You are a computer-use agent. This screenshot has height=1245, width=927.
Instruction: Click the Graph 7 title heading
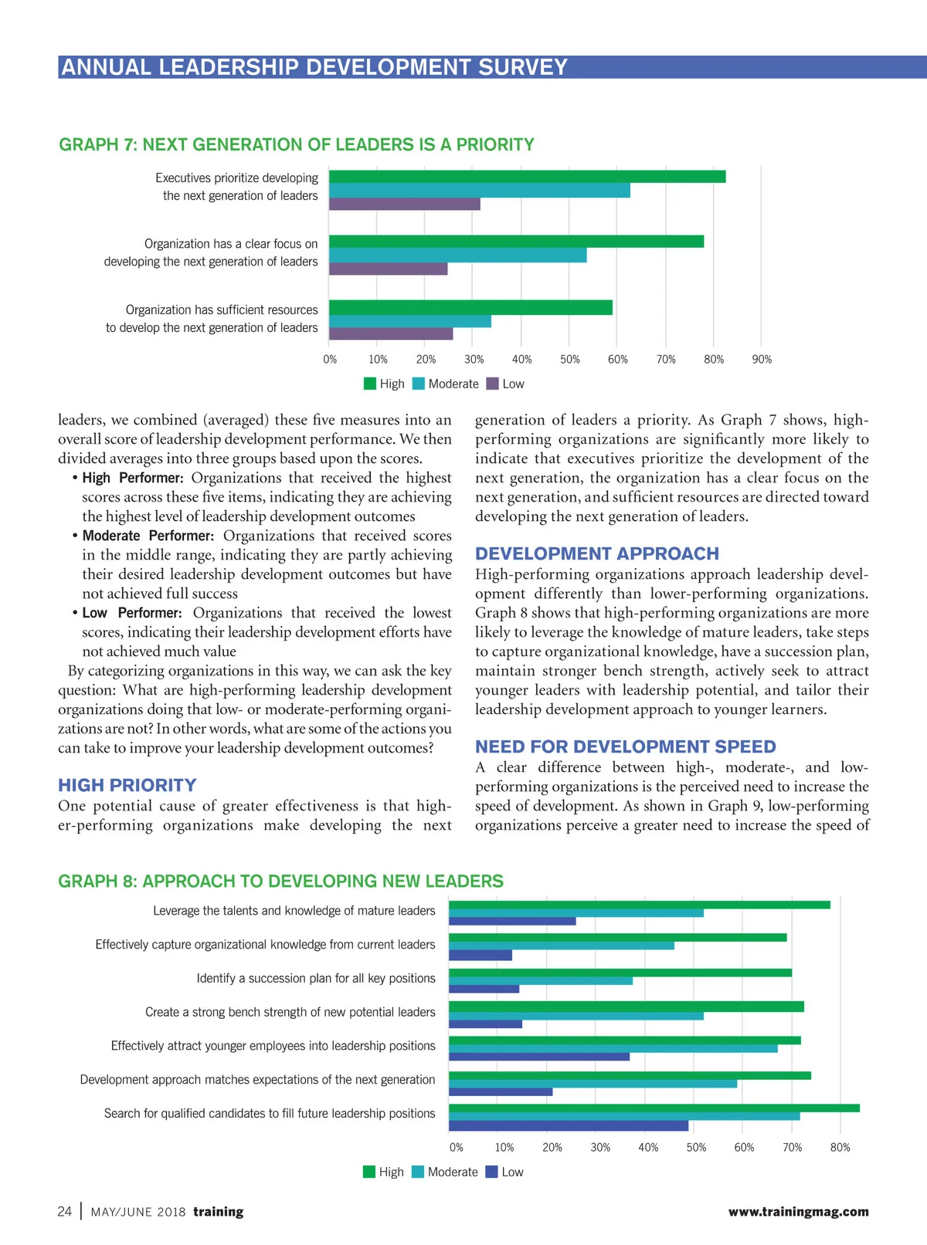pyautogui.click(x=297, y=145)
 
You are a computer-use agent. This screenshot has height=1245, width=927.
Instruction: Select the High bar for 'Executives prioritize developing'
pyautogui.click(x=527, y=177)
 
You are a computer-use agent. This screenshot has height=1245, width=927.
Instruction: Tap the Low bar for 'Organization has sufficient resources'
pyautogui.click(x=391, y=334)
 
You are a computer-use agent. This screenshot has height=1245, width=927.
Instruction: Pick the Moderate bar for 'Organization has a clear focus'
pyautogui.click(x=457, y=255)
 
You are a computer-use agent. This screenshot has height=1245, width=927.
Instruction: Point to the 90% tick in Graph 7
pyautogui.click(x=762, y=360)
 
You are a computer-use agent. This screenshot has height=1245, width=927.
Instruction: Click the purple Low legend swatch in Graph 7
pyautogui.click(x=493, y=384)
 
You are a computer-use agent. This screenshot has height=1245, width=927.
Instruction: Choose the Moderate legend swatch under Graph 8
pyautogui.click(x=418, y=1172)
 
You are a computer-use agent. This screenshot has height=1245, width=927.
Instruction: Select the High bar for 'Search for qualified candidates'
pyautogui.click(x=654, y=1108)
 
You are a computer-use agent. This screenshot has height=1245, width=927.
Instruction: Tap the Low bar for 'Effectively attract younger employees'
pyautogui.click(x=538, y=1057)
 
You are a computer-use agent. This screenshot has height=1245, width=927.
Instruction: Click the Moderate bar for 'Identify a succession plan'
pyautogui.click(x=540, y=981)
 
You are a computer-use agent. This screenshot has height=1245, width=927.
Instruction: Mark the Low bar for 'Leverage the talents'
pyautogui.click(x=512, y=921)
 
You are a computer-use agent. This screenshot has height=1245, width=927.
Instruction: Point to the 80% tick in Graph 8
pyautogui.click(x=840, y=1148)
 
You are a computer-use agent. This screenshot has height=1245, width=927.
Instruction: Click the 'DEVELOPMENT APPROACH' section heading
pyautogui.click(x=596, y=554)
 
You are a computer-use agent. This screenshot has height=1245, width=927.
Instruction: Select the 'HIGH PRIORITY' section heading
pyautogui.click(x=127, y=786)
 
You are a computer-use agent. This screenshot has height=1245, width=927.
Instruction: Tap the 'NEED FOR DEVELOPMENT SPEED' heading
pyautogui.click(x=625, y=747)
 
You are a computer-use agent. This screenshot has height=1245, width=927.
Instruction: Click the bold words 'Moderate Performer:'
pyautogui.click(x=148, y=536)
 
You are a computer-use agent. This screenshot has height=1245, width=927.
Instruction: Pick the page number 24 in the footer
pyautogui.click(x=65, y=1212)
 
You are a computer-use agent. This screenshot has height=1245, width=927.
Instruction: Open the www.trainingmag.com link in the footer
pyautogui.click(x=798, y=1212)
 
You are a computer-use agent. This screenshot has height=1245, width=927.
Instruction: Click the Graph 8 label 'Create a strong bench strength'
pyautogui.click(x=290, y=1013)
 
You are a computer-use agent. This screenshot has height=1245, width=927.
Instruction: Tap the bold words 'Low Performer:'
pyautogui.click(x=132, y=614)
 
